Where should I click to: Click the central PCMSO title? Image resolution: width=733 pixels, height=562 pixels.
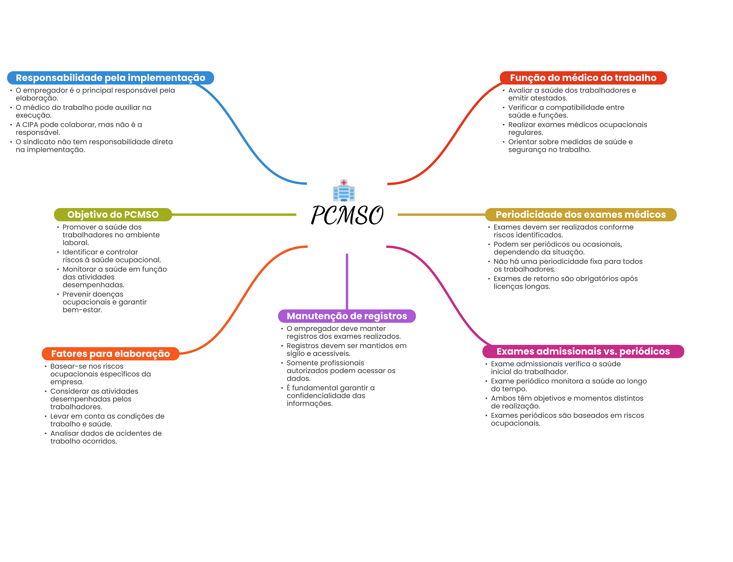[347, 216]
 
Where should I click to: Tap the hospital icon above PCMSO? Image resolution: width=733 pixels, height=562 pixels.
[344, 190]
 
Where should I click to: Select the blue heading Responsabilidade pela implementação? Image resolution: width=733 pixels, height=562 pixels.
[110, 78]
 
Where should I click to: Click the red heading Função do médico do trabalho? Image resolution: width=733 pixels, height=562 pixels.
[583, 78]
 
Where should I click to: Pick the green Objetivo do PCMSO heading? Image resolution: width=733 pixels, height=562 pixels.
[113, 215]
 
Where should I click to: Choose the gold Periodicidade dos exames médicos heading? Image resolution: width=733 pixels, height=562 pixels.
[581, 215]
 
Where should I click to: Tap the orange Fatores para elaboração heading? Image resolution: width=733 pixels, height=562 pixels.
[110, 354]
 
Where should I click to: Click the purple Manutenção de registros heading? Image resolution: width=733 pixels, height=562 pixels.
[347, 316]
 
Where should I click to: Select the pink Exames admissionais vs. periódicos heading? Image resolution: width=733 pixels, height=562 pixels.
[583, 351]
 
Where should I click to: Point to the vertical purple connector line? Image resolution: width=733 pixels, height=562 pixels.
[347, 281]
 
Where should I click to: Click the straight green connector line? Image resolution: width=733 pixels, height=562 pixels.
[234, 215]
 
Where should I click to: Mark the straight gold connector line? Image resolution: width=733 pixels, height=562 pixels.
[441, 215]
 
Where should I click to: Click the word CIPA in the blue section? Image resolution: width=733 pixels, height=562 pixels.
[30, 125]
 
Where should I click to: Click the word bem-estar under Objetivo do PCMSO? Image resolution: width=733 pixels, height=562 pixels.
[82, 310]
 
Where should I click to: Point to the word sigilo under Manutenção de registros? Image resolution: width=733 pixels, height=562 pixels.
[295, 354]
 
